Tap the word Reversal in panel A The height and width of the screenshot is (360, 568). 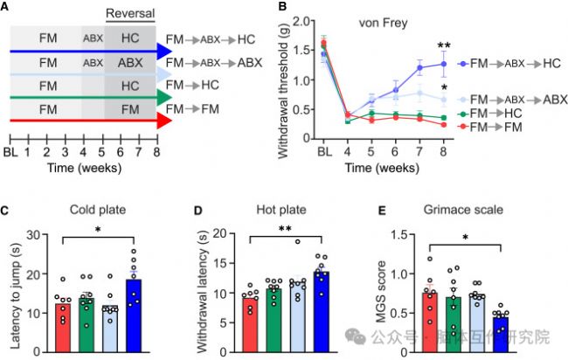pos(129,12)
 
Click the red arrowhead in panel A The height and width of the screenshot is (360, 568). pos(162,121)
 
